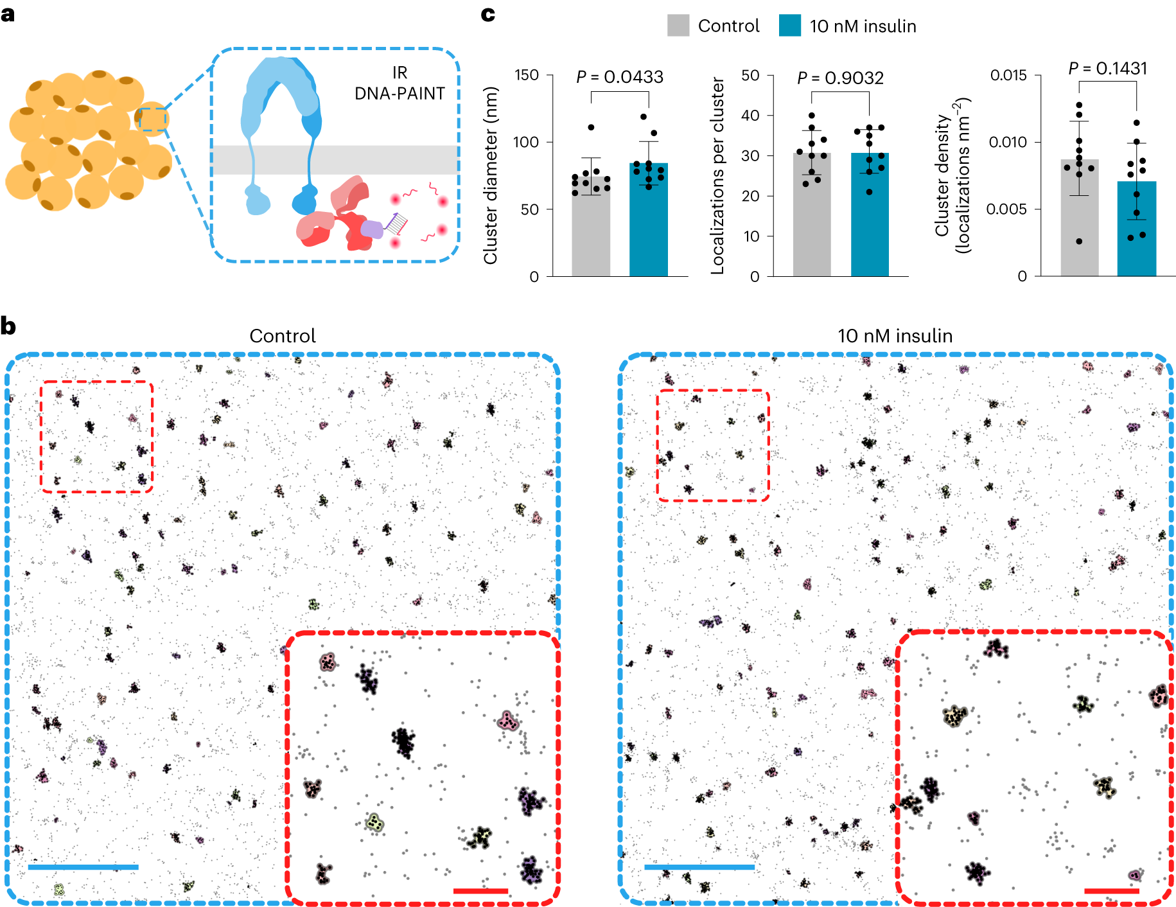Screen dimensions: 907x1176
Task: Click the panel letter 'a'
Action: [x=8, y=14]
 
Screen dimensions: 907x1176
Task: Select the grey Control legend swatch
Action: [x=678, y=26]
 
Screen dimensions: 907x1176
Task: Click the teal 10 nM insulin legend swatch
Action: [x=789, y=26]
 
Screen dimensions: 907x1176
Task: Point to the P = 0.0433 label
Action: [x=619, y=77]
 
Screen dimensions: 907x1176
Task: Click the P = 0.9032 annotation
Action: [x=840, y=78]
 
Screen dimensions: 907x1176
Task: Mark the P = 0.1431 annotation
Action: [x=1107, y=69]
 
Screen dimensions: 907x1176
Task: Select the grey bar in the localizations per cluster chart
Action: [x=812, y=218]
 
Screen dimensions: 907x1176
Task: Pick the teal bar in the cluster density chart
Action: [x=1136, y=231]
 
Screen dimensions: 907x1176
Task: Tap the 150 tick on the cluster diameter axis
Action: [x=527, y=75]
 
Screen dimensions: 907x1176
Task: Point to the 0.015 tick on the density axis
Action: [x=1008, y=75]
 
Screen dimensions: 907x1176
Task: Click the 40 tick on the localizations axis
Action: [x=750, y=116]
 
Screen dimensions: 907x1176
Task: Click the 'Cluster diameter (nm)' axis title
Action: [x=491, y=175]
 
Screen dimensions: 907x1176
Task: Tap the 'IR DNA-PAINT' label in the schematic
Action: [x=399, y=84]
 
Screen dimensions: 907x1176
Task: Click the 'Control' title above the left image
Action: [x=283, y=336]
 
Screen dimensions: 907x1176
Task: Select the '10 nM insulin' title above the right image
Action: [x=895, y=336]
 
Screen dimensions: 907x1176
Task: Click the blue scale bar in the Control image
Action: [x=83, y=867]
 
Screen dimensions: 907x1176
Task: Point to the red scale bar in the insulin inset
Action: [x=1111, y=891]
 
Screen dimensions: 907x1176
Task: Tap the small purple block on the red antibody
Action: [x=371, y=229]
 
